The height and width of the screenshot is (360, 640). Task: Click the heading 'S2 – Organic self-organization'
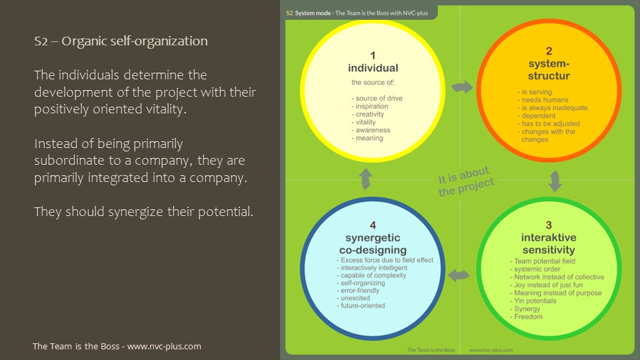point(121,41)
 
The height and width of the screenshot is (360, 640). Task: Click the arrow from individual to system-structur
point(461,87)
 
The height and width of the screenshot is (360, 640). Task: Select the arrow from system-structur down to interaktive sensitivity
point(555,180)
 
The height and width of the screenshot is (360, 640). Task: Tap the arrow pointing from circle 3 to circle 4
point(459,274)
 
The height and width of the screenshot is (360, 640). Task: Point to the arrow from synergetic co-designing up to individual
point(365,179)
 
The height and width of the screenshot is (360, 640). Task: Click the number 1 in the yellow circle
point(373,56)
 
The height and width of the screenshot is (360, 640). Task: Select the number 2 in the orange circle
point(549,51)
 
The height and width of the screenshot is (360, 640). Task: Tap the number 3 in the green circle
point(549,225)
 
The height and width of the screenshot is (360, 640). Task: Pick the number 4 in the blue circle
point(373,225)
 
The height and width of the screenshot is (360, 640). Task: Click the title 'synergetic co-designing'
point(373,243)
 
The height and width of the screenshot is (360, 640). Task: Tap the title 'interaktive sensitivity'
point(549,243)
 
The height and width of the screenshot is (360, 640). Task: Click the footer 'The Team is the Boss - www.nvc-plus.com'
point(117,347)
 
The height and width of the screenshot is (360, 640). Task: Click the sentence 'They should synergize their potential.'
point(143,212)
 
